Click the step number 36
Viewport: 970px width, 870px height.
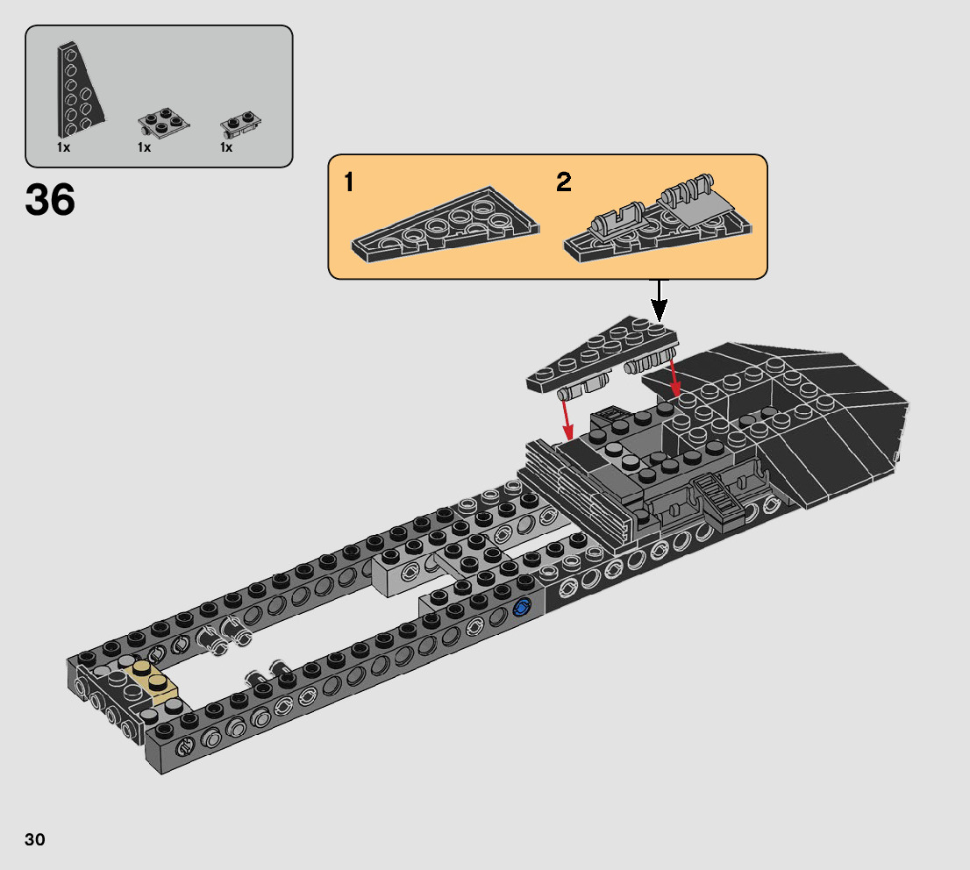pos(50,200)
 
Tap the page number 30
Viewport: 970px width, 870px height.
pos(35,839)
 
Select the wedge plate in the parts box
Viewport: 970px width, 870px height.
pos(79,90)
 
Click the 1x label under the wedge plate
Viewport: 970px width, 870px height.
pos(64,147)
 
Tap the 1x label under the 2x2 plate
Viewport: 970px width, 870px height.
pos(144,147)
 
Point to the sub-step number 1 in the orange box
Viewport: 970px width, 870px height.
pos(349,182)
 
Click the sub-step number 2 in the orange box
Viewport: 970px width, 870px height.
pos(564,182)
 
